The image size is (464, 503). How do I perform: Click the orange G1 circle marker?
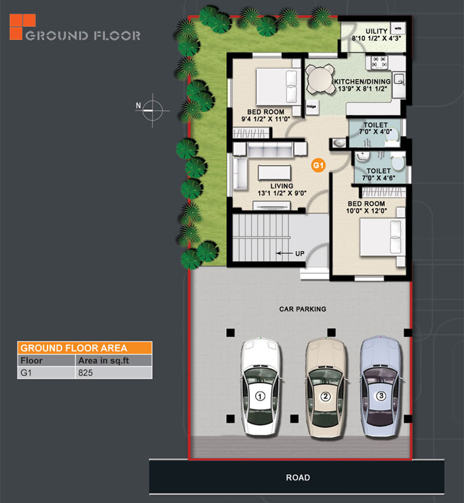coord(318,165)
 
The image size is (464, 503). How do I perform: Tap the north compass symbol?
coord(153,110)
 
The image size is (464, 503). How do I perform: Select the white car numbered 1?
coord(260,386)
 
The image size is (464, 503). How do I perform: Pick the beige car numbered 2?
coord(326,386)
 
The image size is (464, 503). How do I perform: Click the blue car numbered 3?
coord(381,386)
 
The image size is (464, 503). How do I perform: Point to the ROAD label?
coord(298,478)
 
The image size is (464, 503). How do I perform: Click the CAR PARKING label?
coord(302,309)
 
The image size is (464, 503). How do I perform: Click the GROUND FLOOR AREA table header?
coord(85,348)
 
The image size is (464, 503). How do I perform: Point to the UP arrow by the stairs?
coord(284,253)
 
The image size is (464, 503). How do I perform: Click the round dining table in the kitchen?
coord(319,79)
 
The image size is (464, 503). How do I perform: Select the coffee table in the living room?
coord(275,173)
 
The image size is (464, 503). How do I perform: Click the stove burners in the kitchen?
coord(379,62)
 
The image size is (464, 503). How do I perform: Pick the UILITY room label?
coord(377,31)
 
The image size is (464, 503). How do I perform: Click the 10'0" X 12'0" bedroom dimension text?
coord(366,211)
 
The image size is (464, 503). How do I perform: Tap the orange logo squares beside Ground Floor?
coord(22,27)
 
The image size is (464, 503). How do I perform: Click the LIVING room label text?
coord(282,186)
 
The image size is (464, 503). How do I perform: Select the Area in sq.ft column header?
coord(104,360)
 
